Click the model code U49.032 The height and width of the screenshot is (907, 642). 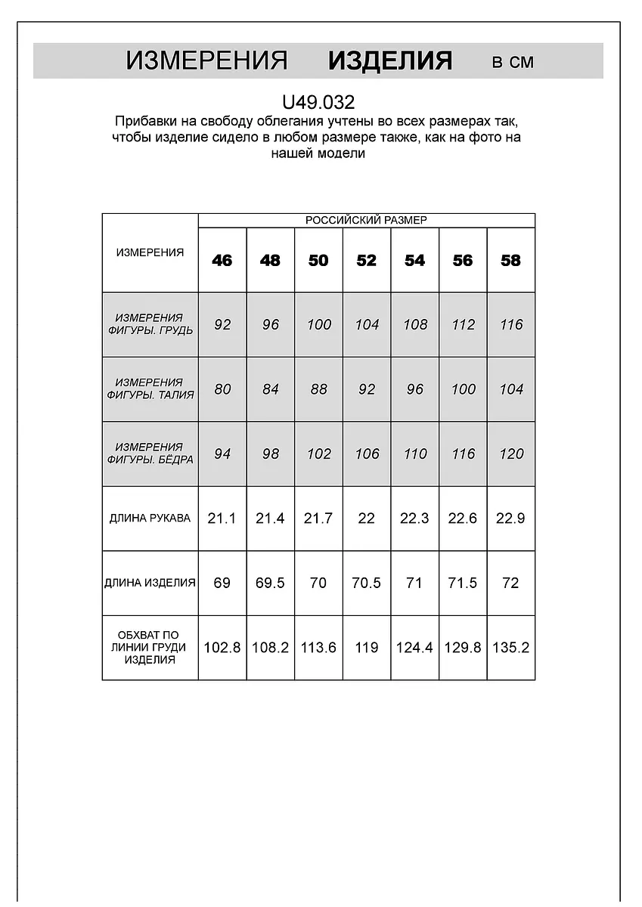tap(318, 102)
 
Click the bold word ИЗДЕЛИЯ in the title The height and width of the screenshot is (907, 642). tap(390, 61)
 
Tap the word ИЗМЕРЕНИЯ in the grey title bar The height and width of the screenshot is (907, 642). tap(206, 61)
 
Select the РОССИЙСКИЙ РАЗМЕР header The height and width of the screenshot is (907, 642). tap(366, 220)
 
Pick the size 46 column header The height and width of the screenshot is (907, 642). tap(222, 260)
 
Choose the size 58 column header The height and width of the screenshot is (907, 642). tap(511, 260)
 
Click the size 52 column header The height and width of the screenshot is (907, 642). tap(367, 260)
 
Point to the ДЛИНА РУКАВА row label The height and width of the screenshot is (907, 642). tap(150, 519)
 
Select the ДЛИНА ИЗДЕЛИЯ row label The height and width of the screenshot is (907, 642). tap(150, 583)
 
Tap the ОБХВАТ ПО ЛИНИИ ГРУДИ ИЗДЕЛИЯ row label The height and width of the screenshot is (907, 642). tap(150, 648)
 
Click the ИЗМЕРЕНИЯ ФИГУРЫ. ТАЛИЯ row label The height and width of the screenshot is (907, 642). tap(150, 388)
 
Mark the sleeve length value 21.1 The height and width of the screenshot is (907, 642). tap(222, 519)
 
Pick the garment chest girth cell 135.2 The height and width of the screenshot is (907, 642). tap(511, 648)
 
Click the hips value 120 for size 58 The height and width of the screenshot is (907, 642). tap(511, 453)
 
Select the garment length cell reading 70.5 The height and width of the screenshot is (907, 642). tap(367, 583)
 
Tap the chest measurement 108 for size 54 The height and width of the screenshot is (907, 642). tap(415, 324)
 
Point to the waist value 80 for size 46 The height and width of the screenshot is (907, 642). tap(222, 388)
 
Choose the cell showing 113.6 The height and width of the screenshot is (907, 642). tap(318, 648)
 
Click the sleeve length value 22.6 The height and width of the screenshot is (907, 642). tap(463, 519)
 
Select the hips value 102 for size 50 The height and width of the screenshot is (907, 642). tap(318, 453)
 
